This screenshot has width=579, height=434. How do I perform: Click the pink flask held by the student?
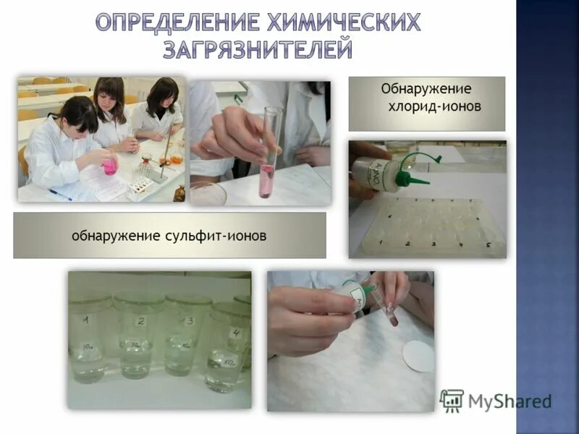click(110, 166)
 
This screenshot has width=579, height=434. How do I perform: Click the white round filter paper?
click(418, 357)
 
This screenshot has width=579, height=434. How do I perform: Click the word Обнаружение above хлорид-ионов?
click(426, 89)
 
